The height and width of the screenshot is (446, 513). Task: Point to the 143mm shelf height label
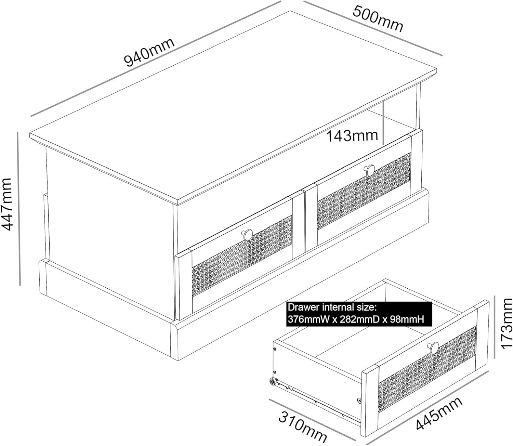(x=352, y=136)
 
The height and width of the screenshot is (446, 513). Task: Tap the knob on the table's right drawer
(x=370, y=170)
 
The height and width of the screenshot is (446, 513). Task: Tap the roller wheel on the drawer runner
(x=272, y=382)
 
